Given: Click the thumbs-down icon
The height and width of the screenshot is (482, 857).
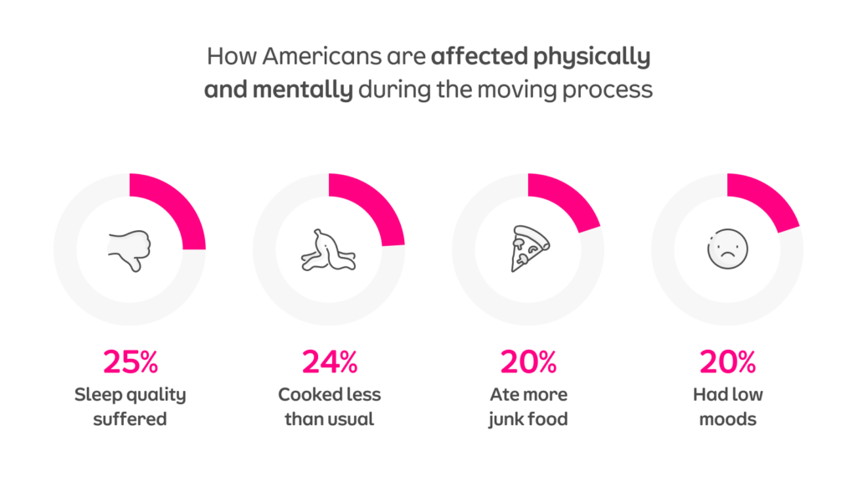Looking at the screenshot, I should (130, 249).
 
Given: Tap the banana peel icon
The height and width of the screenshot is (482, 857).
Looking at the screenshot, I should (329, 249).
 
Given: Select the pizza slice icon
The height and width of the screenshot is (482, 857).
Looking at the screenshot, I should (529, 249).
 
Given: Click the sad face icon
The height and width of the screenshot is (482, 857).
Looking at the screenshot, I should (726, 249).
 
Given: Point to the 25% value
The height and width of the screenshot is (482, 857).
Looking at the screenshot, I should (130, 361).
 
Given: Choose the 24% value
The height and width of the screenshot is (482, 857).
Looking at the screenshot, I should (329, 361).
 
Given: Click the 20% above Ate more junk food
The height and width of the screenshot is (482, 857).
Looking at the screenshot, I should (528, 361).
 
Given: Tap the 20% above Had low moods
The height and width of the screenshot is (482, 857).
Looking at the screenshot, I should (727, 361).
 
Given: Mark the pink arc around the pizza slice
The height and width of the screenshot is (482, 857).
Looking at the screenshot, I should (569, 201).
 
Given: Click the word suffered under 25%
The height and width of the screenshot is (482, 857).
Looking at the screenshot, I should (130, 418).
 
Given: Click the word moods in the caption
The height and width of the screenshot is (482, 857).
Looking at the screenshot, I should (727, 418).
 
